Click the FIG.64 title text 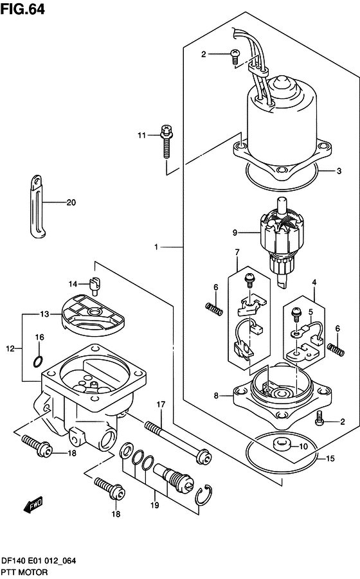[x=22, y=9]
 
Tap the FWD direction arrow [x=33, y=505]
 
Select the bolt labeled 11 [x=166, y=141]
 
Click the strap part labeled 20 [x=37, y=206]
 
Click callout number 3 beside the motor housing [x=339, y=171]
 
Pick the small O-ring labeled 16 [x=38, y=361]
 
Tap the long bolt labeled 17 [x=178, y=441]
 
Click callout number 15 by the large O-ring [x=330, y=458]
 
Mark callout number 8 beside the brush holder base [x=216, y=395]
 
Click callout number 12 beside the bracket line [x=10, y=348]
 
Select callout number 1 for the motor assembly [x=156, y=246]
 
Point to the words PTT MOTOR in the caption [x=24, y=572]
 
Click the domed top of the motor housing [x=282, y=84]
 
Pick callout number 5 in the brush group [x=311, y=312]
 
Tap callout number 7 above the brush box [x=237, y=252]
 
